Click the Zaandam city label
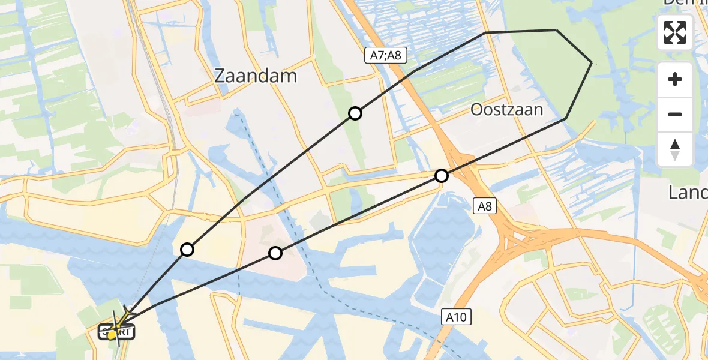256,76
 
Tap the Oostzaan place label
506,110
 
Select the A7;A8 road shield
386,56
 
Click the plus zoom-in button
675,79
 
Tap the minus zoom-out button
675,114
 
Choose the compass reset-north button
675,149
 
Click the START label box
118,331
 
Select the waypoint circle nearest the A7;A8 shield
355,113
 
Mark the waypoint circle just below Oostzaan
442,176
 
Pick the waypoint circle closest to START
187,250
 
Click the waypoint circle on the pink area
275,253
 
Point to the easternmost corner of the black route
592,62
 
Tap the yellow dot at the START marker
112,335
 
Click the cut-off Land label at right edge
688,193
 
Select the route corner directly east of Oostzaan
565,119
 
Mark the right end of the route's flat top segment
556,29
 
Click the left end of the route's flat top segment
485,32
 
